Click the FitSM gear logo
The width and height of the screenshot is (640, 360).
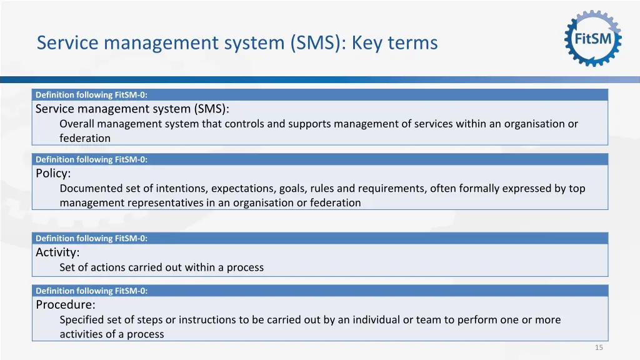coord(593,38)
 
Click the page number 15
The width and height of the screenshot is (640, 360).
coord(599,347)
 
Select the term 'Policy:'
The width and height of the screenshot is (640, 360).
coord(53,173)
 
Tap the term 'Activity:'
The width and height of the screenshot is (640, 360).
coord(57,252)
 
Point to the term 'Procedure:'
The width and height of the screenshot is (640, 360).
coord(66,305)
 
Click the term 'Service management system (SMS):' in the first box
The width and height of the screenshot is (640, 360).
coord(132,109)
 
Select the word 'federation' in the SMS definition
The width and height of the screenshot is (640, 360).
coord(85,138)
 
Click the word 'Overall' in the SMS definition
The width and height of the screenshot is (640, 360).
coord(77,124)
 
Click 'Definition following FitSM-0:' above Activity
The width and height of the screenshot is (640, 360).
coord(91,238)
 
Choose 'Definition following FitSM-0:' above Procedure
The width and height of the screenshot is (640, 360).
coord(91,291)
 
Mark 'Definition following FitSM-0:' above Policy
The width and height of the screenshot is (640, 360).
coord(91,159)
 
